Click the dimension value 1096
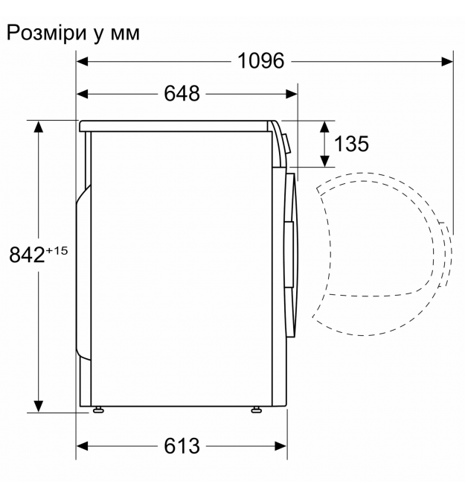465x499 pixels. point(260,61)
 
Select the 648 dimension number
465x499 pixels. point(182,94)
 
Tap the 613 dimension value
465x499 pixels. point(182,446)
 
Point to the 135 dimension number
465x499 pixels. point(351,144)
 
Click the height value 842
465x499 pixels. point(27,255)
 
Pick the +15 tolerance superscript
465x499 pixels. point(57,251)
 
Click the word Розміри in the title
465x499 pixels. point(47,33)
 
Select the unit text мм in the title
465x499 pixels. point(125,34)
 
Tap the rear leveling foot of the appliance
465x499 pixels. point(98,410)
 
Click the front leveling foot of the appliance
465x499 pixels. point(256,410)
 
